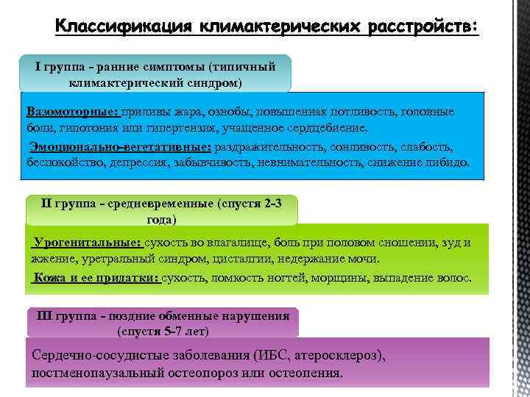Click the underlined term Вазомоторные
[72, 112]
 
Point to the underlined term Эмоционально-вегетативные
[120, 147]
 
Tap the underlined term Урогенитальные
[87, 243]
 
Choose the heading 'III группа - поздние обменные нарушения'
[163, 316]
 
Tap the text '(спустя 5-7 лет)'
[163, 332]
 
